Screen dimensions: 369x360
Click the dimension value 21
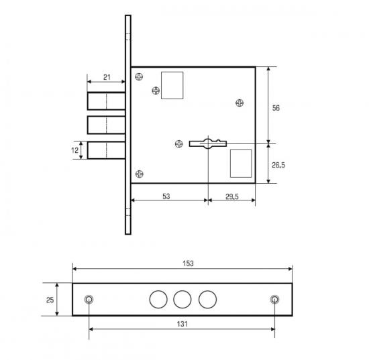[x=107, y=77]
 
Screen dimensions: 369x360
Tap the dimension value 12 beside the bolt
[x=75, y=150]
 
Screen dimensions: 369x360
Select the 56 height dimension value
[x=276, y=108]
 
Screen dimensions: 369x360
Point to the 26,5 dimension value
[x=278, y=165]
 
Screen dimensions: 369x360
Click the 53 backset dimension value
[x=166, y=196]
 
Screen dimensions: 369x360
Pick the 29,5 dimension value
[x=232, y=196]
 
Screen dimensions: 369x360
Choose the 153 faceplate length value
[x=188, y=263]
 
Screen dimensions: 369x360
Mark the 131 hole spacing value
[x=182, y=324]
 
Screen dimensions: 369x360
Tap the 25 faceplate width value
[x=50, y=300]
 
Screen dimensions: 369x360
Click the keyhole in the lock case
[x=208, y=143]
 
